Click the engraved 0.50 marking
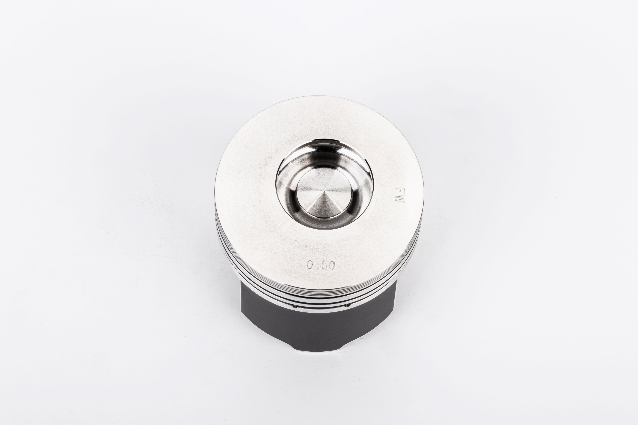[x=321, y=265]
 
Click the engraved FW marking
[x=399, y=194]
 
